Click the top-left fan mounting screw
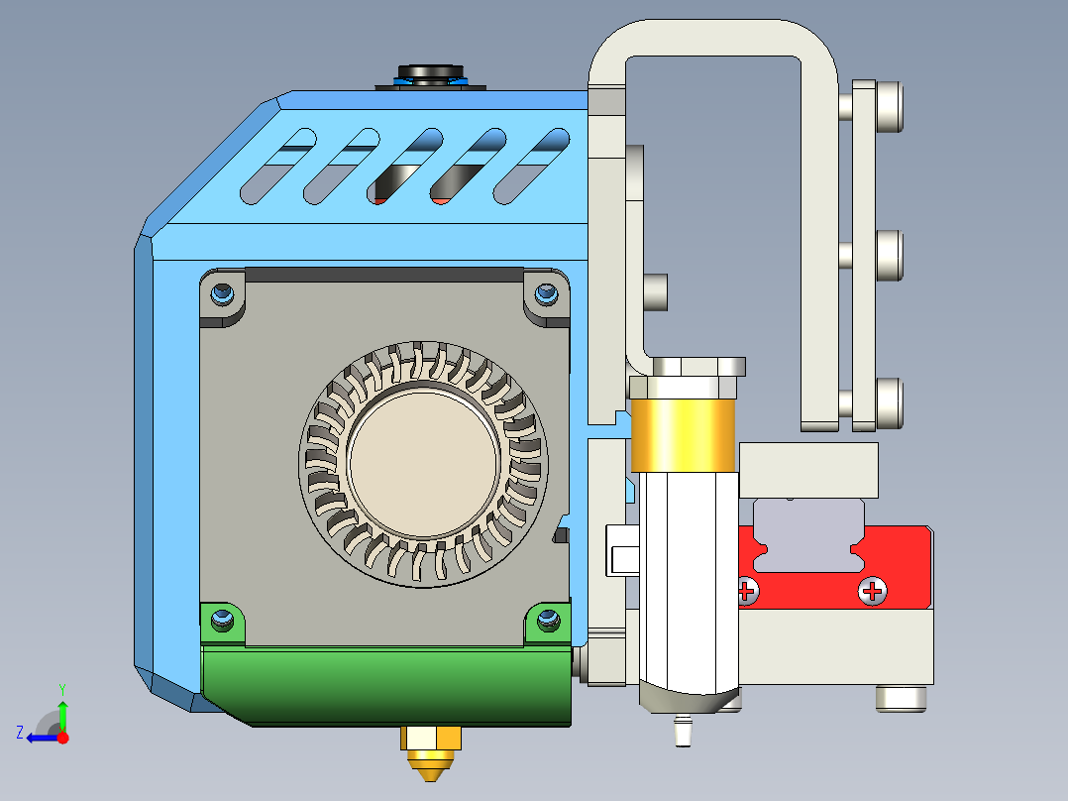223,294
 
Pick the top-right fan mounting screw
546,294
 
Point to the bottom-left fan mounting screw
223,622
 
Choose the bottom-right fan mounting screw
546,622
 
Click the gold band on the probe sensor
683,435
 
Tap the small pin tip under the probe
681,735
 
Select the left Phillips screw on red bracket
747,592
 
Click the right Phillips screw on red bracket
873,592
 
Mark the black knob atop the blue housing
430,72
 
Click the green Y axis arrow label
61,688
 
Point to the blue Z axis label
20,733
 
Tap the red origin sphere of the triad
62,738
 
